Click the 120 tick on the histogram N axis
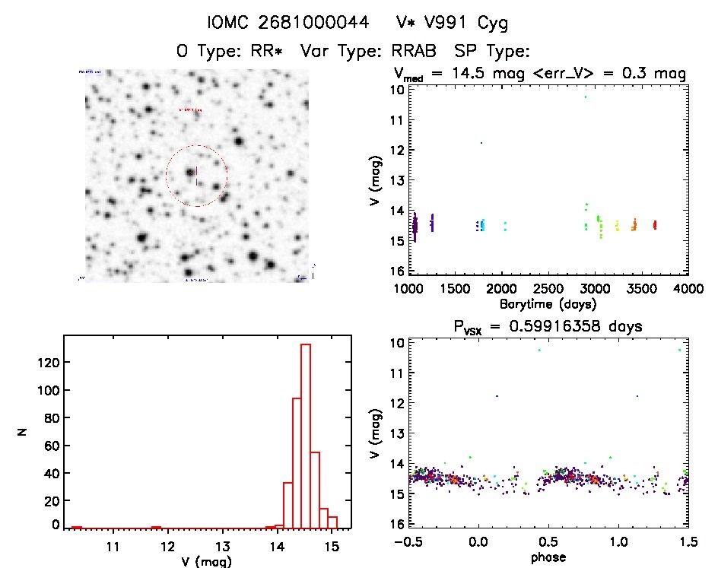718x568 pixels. (x=49, y=363)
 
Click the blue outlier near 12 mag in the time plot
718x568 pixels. (x=481, y=142)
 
